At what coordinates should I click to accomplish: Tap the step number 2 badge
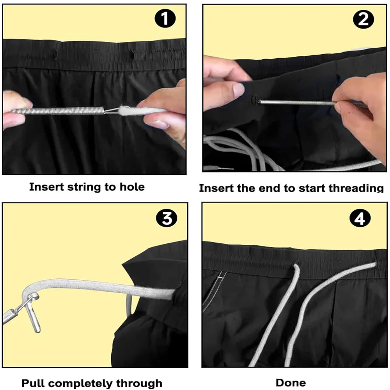363,19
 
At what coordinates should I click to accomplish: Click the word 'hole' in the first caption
131,187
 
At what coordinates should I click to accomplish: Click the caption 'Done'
291,383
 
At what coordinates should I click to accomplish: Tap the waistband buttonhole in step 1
132,53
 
